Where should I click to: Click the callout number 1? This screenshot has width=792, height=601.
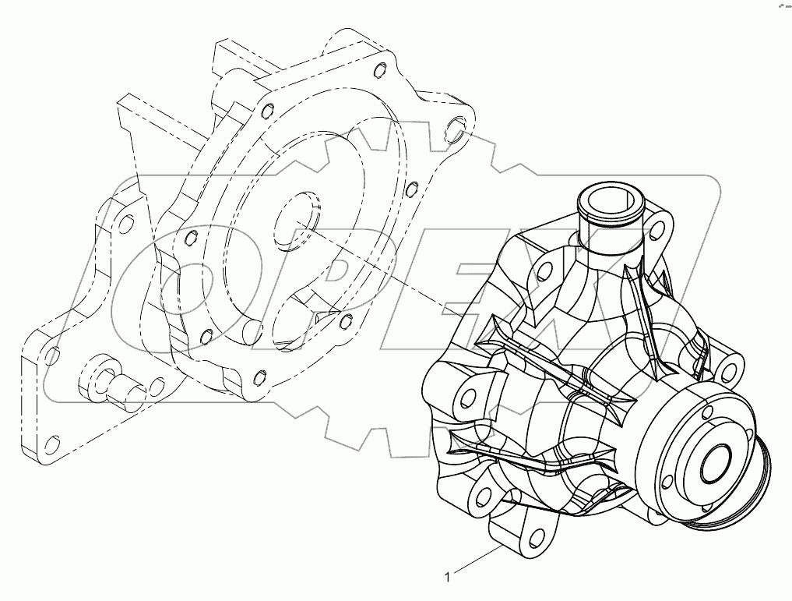coord(446,578)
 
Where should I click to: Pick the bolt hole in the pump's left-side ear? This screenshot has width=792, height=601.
coord(467,398)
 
